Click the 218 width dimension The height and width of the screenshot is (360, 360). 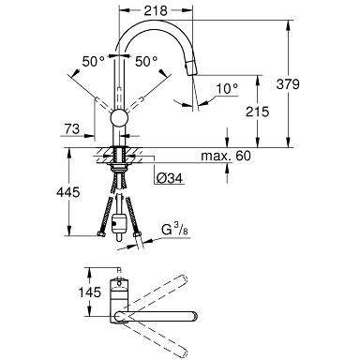(x=156, y=11)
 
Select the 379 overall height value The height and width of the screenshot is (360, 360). (x=288, y=84)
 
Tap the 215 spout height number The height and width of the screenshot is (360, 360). (x=257, y=112)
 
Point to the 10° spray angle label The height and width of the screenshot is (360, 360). (x=227, y=89)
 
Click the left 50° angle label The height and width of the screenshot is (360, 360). (x=94, y=62)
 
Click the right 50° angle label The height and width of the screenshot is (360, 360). (x=146, y=62)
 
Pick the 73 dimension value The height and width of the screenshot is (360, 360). (x=72, y=128)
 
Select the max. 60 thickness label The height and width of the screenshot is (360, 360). (x=226, y=156)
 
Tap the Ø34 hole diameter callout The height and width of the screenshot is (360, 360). (x=169, y=178)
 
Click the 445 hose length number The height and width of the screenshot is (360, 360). (x=68, y=192)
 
